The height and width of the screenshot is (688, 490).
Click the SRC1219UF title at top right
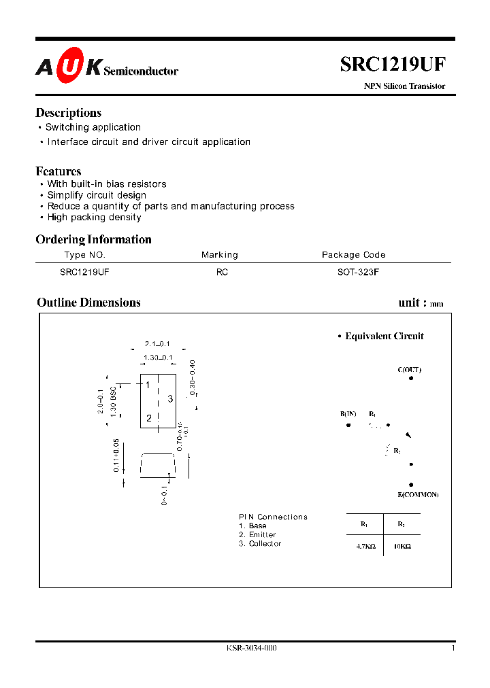pos(393,64)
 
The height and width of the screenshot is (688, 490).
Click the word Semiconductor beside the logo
pos(141,71)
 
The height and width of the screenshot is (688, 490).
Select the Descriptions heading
pos(68,113)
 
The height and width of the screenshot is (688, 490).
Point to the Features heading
pos(59,171)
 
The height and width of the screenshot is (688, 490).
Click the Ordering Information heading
pos(93,239)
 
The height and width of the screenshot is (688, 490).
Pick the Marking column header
pos(220,255)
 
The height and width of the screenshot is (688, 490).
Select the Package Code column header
pos(353,255)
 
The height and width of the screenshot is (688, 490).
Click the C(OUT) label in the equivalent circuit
pos(410,370)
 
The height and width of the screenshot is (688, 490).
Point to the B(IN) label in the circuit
pos(348,414)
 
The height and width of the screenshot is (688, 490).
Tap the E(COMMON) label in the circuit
pos(418,494)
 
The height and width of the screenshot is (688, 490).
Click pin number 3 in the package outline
pos(170,399)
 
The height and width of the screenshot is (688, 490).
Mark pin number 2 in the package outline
pos(148,418)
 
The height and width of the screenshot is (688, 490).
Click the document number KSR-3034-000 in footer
pos(252,648)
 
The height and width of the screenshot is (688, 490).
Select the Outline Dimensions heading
pos(88,303)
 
